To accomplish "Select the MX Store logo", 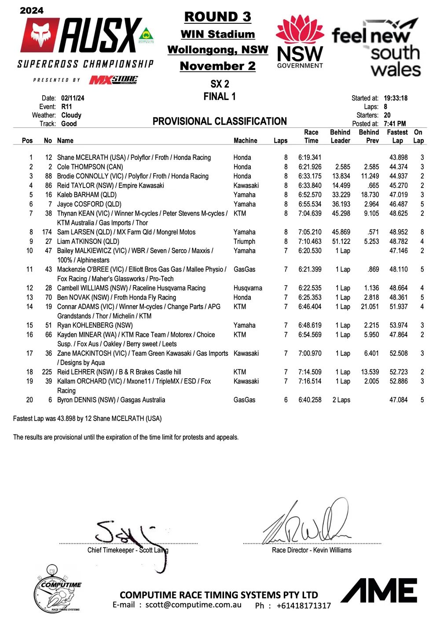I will [114, 80].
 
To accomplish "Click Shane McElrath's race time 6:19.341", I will [310, 157].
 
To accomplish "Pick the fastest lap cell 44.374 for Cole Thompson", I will [398, 167].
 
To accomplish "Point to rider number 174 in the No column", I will [47, 232].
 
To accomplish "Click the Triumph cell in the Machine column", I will [244, 241].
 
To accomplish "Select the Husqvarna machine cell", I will [248, 288].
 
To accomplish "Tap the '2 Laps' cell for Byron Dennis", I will [341, 400].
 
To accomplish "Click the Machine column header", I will [245, 140].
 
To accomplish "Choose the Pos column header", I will [27, 140].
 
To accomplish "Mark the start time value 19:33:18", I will [395, 98].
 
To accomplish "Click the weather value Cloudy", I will [71, 115].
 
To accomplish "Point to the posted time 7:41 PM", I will [395, 124].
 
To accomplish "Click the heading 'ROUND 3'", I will [217, 17].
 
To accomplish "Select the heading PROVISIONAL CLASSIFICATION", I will [220, 121].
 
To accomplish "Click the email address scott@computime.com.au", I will [194, 605].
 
